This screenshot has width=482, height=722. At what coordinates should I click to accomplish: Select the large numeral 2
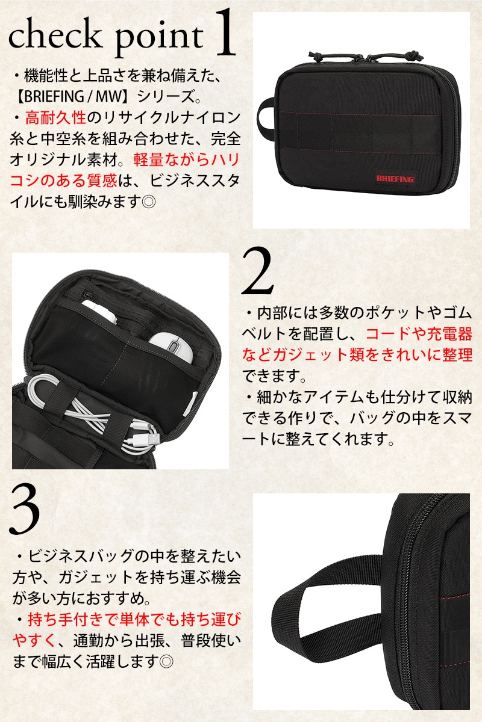pos(257,271)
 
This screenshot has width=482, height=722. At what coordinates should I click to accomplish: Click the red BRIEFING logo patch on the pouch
pos(395,178)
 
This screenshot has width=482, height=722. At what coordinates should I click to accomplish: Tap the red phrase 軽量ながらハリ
pos(186,159)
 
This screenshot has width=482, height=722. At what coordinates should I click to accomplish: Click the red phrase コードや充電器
pos(419,335)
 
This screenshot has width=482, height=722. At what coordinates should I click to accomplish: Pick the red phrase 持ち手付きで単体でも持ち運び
pos(134,619)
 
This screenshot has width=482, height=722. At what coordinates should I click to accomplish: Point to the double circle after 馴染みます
pos(149,202)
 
